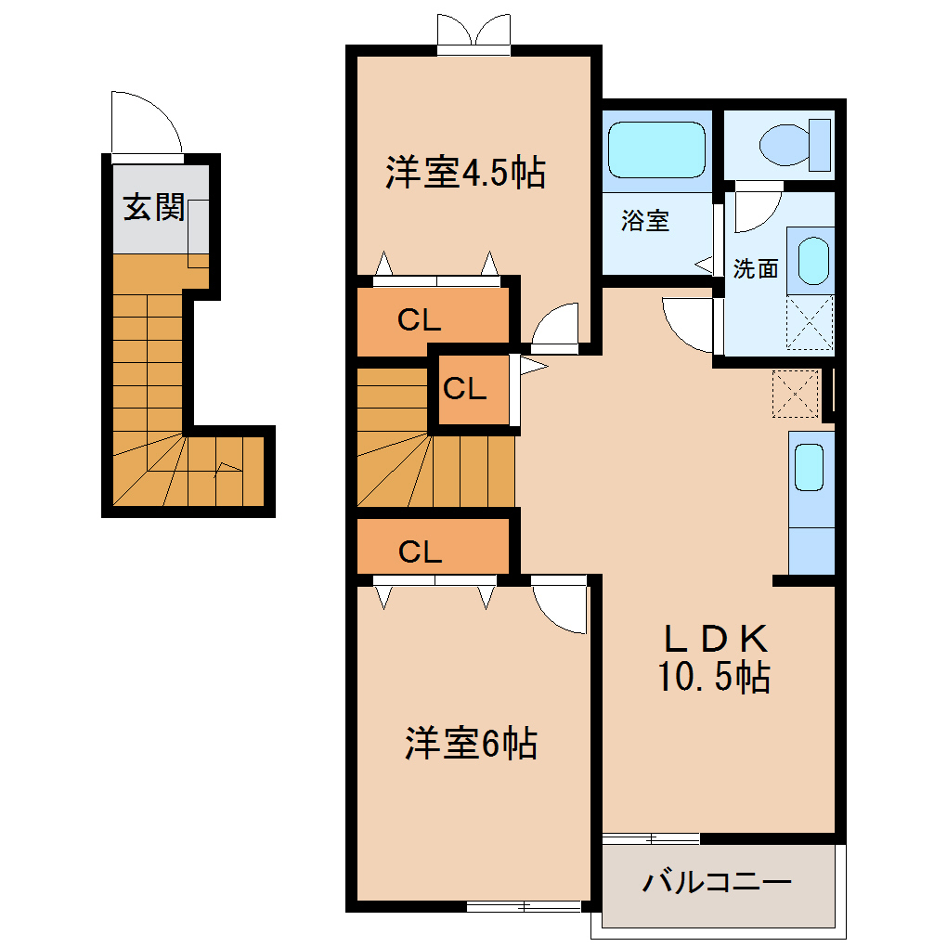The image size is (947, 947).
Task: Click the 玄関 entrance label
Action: (x=154, y=208)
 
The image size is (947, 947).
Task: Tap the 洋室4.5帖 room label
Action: (x=465, y=173)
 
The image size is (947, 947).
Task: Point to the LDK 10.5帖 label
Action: (x=714, y=658)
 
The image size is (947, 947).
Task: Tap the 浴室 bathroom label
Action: (x=645, y=222)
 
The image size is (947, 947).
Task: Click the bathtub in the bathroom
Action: (x=657, y=149)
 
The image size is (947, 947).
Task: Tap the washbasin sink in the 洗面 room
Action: (x=812, y=261)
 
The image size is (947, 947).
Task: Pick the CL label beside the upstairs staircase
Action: (x=464, y=389)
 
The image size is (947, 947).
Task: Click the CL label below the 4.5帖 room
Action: (x=420, y=320)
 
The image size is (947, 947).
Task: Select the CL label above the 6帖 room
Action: (x=420, y=552)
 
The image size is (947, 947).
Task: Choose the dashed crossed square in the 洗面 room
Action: (x=810, y=323)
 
